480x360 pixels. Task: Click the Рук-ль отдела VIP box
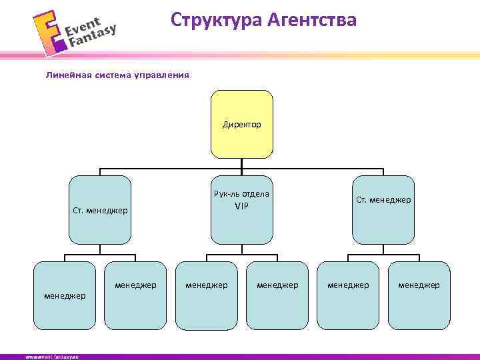pos(242,210)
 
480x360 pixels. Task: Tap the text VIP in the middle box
pos(241,206)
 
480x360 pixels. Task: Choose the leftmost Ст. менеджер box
pos(99,210)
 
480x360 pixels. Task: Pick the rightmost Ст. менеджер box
pos(383,210)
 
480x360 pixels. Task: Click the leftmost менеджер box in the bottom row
pos(65,295)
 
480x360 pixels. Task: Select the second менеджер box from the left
pos(135,295)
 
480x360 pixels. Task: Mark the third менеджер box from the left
pos(206,295)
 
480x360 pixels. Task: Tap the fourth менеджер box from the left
pos(277,295)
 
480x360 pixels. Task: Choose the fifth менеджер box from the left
pos(348,295)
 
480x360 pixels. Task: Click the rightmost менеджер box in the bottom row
pos(419,295)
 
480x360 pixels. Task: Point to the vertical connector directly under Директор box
pos(242,166)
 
